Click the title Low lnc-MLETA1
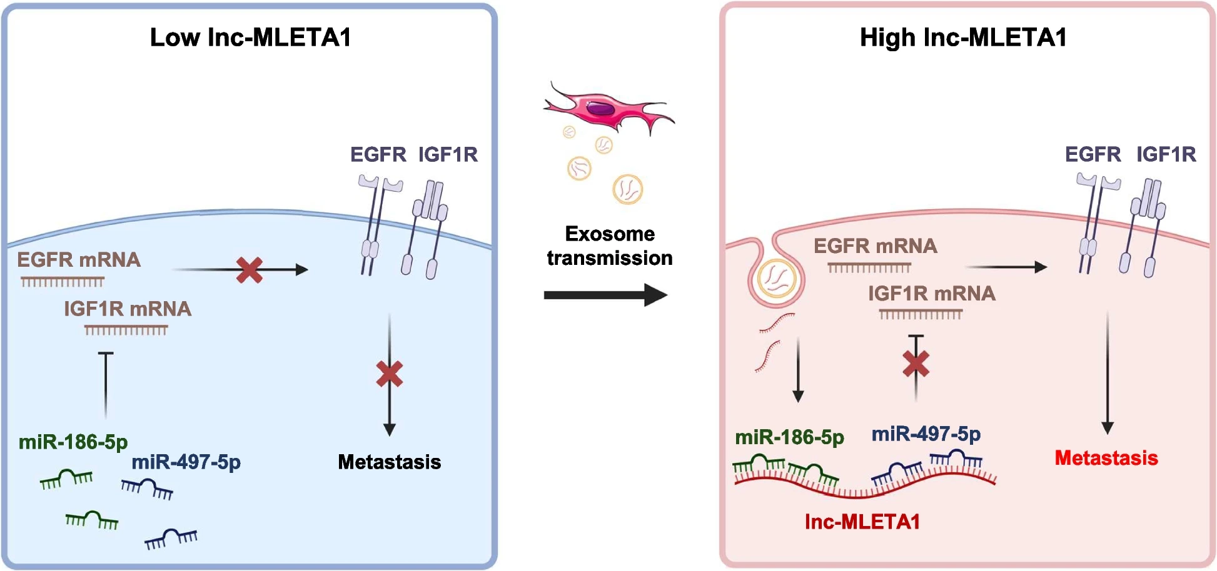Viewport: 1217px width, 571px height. click(250, 37)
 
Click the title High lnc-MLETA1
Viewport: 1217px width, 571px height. click(963, 37)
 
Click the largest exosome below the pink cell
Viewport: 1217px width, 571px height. click(627, 189)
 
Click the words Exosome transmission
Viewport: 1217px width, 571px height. click(610, 246)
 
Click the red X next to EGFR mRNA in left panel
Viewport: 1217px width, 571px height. click(250, 270)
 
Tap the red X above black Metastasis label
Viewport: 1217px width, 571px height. click(390, 374)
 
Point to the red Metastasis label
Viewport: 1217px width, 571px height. click(1106, 458)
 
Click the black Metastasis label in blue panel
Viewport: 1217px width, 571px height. click(389, 462)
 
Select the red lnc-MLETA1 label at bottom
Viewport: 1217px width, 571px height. click(862, 522)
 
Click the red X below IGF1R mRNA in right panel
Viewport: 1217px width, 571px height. click(916, 364)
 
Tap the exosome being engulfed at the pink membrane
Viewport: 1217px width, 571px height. click(777, 279)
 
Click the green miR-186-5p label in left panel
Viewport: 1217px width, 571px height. click(73, 442)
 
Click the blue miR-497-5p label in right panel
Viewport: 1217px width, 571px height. click(926, 434)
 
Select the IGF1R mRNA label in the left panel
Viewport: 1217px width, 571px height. click(128, 309)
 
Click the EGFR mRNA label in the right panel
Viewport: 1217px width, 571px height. click(875, 246)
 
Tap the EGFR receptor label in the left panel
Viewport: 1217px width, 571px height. click(378, 154)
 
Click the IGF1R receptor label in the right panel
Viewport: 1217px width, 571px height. click(1166, 154)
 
